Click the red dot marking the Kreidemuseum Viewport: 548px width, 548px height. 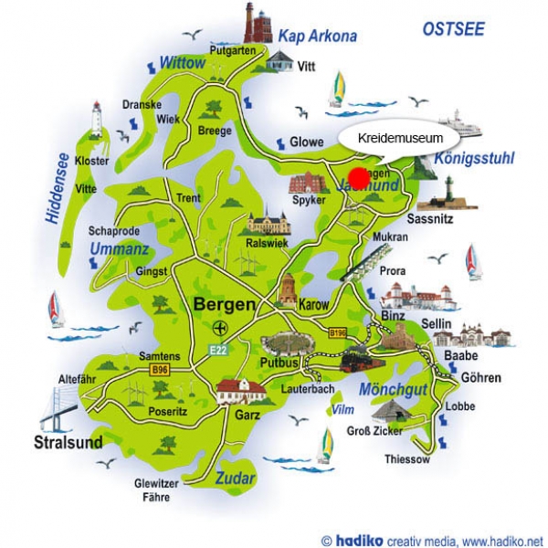click(359, 176)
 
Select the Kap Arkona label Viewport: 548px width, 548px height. click(317, 37)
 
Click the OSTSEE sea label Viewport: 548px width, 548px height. click(454, 29)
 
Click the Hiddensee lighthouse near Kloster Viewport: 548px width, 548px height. click(96, 120)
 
